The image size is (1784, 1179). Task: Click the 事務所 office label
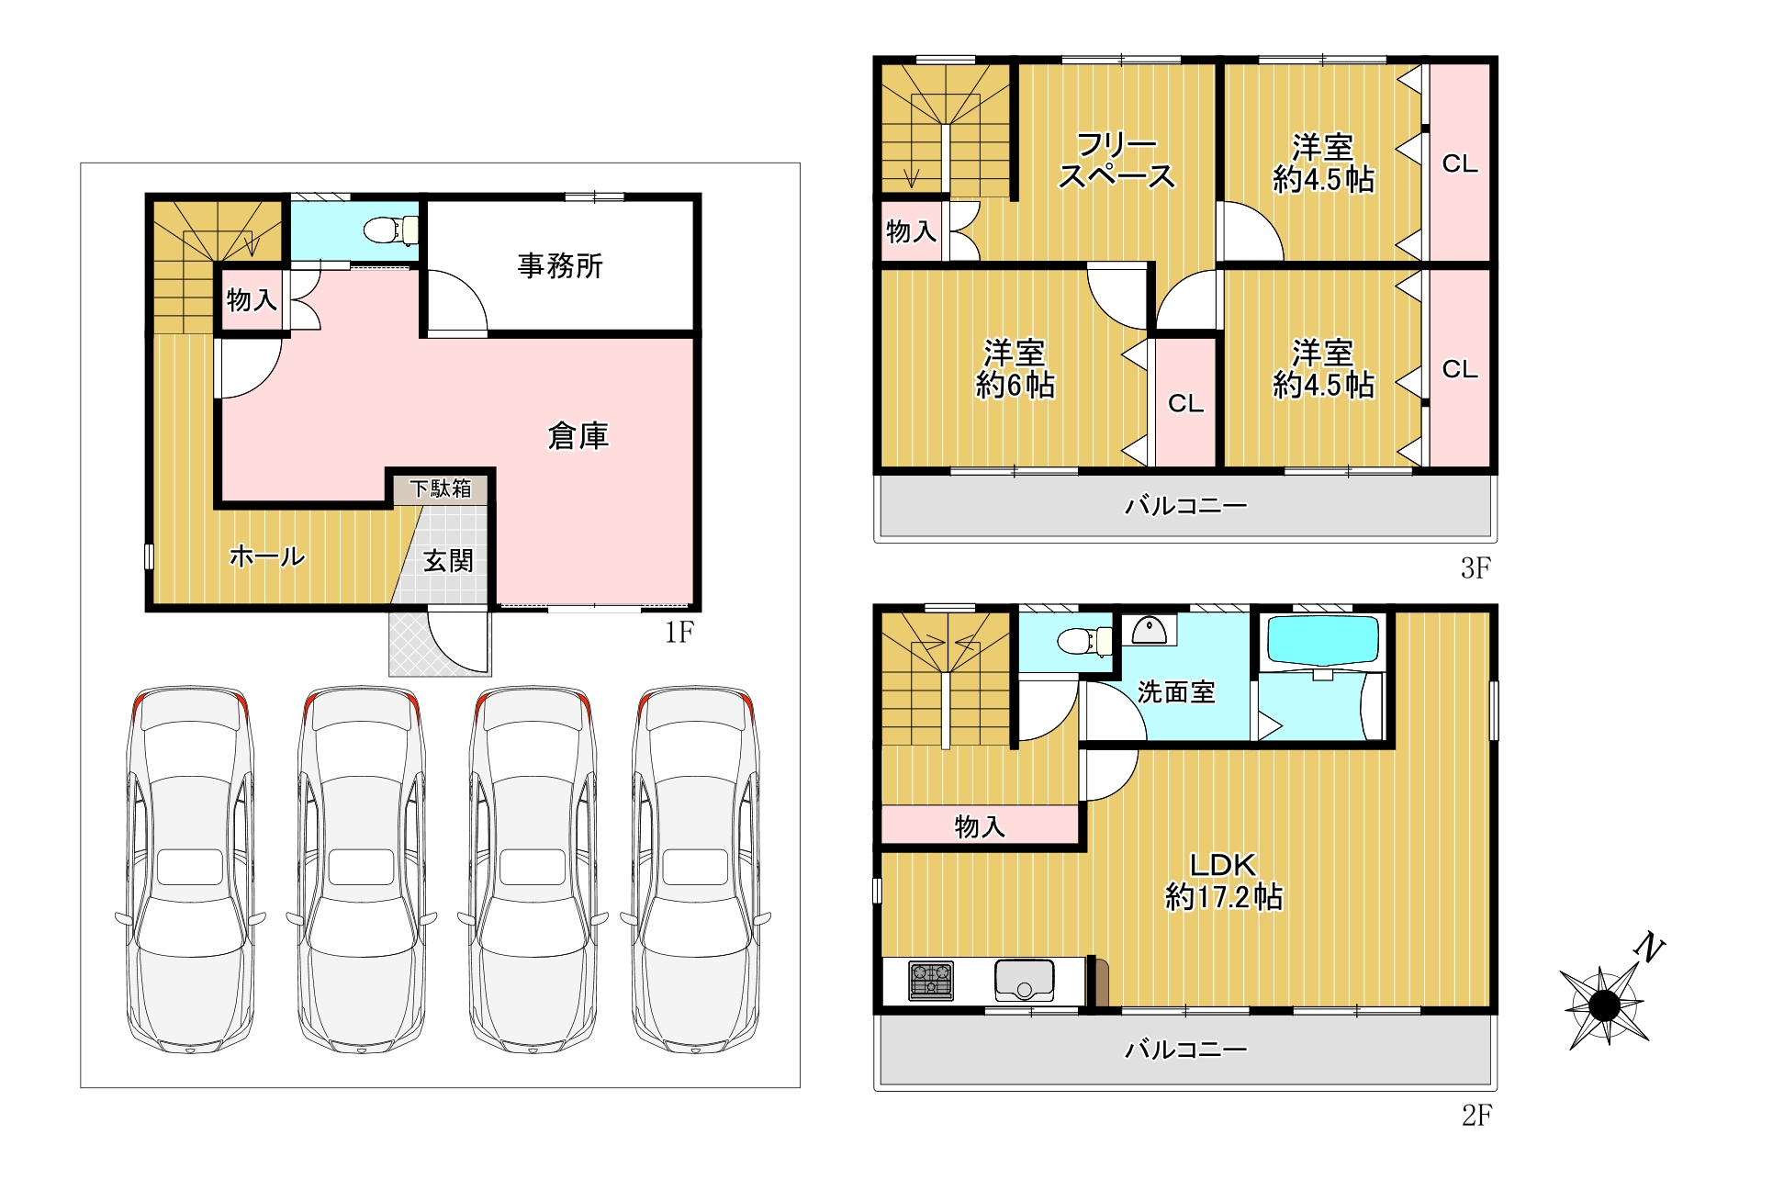click(560, 266)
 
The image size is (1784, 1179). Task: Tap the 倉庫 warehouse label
click(578, 436)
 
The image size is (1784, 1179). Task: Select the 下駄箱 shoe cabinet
click(441, 488)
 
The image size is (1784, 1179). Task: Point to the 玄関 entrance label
click(448, 560)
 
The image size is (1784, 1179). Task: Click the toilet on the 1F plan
click(391, 230)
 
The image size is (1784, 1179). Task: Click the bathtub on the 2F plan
click(1322, 641)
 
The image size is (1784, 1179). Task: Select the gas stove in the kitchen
click(931, 980)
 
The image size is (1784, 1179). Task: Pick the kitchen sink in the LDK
click(1024, 980)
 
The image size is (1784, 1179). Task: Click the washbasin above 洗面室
click(1149, 630)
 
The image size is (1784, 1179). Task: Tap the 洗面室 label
click(1176, 691)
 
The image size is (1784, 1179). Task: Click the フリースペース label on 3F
click(1116, 160)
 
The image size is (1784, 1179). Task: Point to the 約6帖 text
click(1015, 386)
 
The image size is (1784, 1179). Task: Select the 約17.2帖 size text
click(1224, 897)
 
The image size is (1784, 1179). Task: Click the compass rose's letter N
click(1650, 948)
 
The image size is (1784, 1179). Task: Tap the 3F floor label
click(1475, 568)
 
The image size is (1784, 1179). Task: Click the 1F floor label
click(679, 632)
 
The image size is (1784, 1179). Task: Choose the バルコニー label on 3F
click(1186, 505)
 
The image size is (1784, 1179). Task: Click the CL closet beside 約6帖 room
click(1185, 403)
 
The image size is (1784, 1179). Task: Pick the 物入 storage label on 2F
click(980, 826)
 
